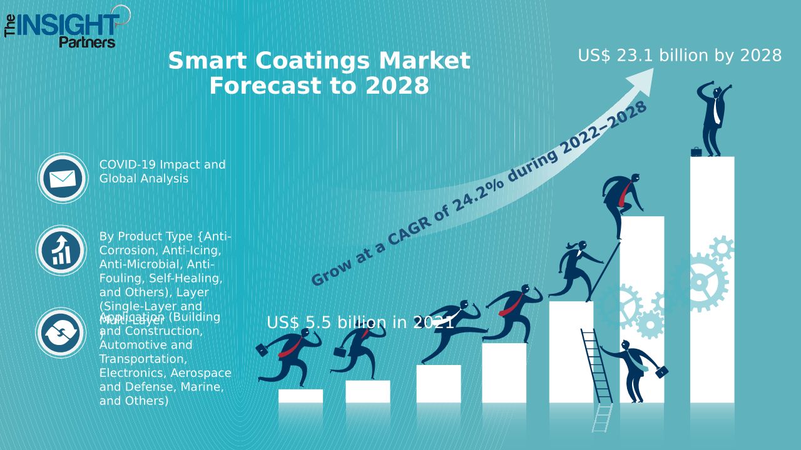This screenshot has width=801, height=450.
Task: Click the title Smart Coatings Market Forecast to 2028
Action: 319,73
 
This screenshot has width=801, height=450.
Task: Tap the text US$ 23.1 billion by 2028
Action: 680,56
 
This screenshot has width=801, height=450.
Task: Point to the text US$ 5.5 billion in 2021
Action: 360,322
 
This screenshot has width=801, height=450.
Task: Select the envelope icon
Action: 63,179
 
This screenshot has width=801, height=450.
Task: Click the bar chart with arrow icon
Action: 61,251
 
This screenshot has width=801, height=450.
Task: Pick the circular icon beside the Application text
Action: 61,332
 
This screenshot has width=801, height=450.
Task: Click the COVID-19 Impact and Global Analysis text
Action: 162,171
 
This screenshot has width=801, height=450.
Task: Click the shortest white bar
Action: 300,396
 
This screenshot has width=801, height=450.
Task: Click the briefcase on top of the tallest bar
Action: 696,151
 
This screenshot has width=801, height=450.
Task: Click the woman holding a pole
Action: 578,269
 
